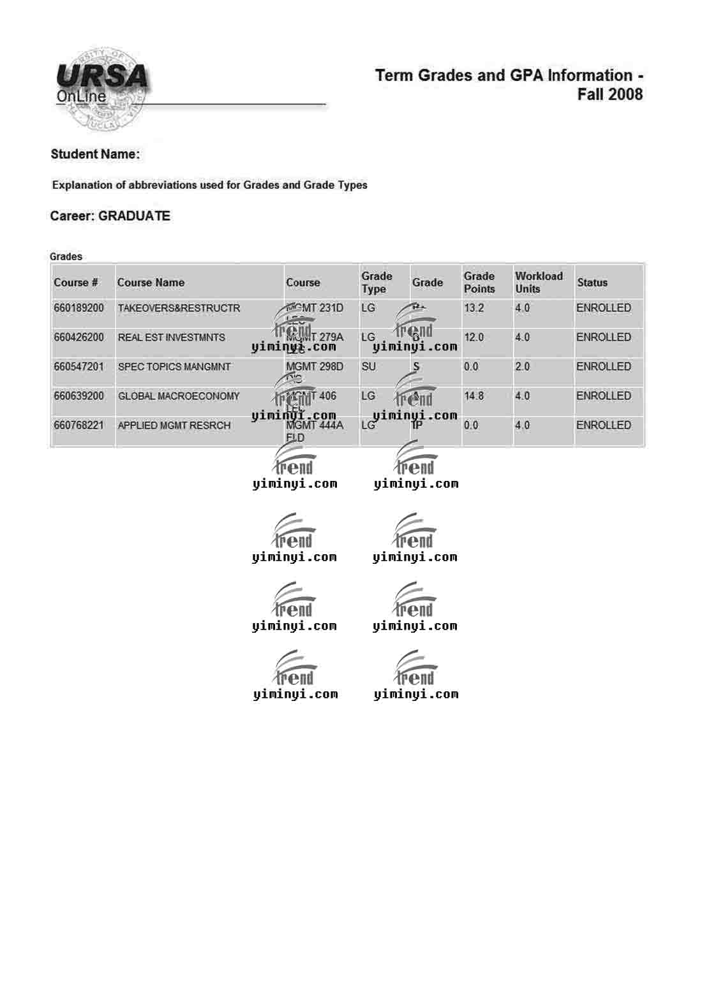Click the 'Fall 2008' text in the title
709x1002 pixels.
609,94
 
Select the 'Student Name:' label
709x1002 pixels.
95,154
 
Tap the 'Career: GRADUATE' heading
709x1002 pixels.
110,216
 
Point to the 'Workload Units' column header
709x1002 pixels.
538,282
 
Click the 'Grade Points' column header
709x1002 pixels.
479,282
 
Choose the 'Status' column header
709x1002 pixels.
592,283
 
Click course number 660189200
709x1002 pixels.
78,308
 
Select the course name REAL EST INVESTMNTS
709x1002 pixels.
171,337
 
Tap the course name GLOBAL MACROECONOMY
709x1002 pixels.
179,396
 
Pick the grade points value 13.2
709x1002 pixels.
474,308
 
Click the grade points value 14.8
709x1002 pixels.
474,396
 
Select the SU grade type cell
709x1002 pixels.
368,367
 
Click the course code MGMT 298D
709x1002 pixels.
314,367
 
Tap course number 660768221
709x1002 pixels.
78,425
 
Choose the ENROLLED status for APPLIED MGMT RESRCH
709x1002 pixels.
603,425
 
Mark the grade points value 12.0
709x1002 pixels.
474,337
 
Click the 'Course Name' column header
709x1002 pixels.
151,283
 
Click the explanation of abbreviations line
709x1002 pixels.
209,186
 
